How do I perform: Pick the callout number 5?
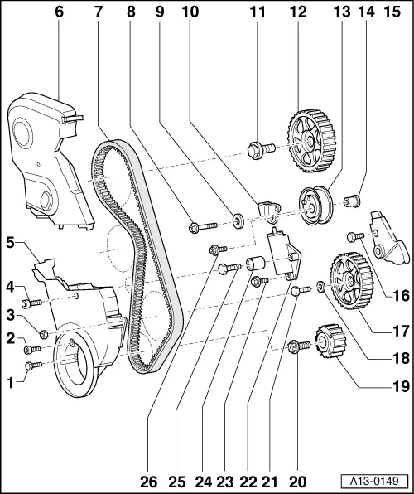pyautogui.click(x=11, y=243)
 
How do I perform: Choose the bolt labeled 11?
pyautogui.click(x=258, y=151)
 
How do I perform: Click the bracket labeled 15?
pyautogui.click(x=387, y=238)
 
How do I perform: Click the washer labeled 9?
pyautogui.click(x=238, y=220)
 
